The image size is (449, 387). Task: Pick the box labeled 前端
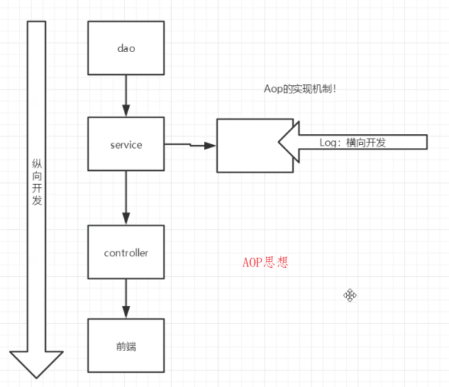click(126, 346)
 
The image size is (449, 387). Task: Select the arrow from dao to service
click(126, 96)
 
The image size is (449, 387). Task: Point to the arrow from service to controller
click(126, 198)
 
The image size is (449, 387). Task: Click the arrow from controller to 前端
click(126, 298)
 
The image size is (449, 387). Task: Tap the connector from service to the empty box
click(190, 145)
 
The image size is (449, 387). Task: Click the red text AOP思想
click(265, 263)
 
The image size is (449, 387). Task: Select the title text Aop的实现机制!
click(299, 89)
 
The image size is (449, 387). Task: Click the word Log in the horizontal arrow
click(329, 143)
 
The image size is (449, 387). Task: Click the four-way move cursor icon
click(350, 295)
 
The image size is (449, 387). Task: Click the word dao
click(126, 48)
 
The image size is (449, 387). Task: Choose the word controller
click(126, 253)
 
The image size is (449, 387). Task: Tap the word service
click(126, 145)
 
